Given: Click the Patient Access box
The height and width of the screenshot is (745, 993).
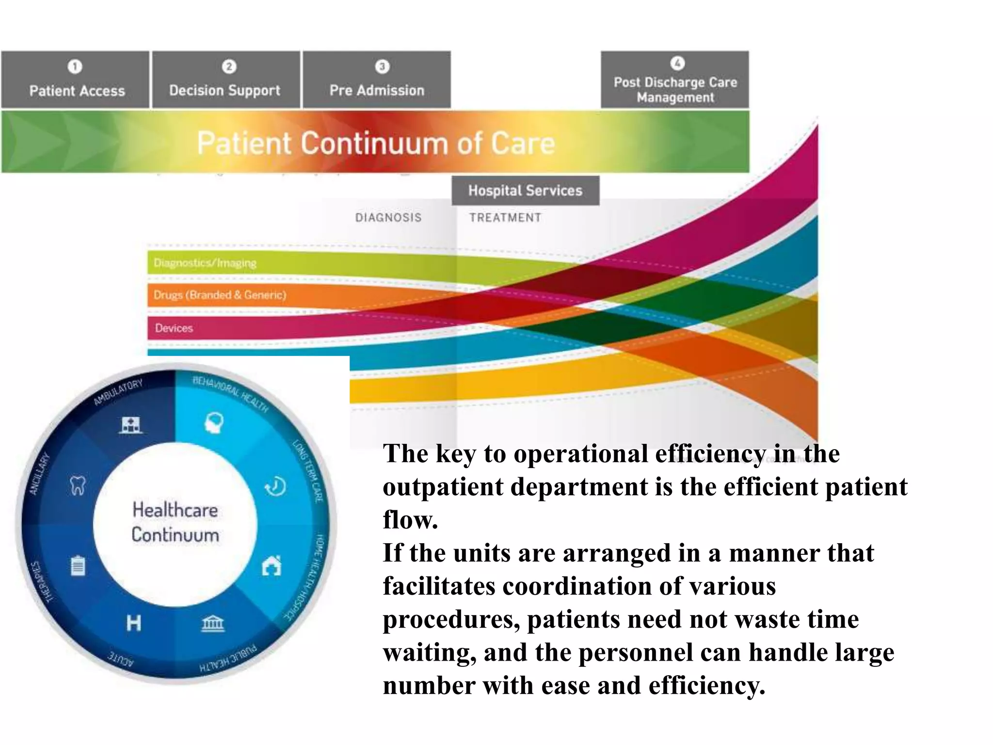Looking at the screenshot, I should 75,80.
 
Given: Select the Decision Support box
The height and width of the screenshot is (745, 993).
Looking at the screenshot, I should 226,80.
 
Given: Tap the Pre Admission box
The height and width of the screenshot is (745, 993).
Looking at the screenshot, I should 377,80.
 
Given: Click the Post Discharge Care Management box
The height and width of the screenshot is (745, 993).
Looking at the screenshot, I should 675,80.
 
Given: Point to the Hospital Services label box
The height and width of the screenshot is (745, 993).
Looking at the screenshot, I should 526,191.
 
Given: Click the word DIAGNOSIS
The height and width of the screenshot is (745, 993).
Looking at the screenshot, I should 388,218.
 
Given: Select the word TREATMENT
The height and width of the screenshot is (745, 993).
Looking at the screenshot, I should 505,218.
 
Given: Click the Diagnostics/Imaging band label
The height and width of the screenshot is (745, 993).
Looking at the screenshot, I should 205,263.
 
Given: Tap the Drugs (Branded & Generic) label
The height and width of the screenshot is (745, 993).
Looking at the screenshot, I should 220,295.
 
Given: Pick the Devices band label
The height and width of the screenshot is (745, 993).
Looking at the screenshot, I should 174,328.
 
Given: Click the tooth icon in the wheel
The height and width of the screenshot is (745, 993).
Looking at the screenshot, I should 78,485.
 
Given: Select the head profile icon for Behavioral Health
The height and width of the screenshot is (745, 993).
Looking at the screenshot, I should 214,422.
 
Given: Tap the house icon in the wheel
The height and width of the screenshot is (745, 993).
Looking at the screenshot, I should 272,566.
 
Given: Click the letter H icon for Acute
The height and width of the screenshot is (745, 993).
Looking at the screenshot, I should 133,623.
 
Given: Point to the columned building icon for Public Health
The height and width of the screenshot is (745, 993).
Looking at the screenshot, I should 213,623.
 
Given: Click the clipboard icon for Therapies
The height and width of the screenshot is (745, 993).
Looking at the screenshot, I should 78,566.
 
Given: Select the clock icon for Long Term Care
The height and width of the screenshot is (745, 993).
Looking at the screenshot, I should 276,486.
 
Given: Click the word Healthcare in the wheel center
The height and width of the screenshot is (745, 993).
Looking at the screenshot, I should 175,510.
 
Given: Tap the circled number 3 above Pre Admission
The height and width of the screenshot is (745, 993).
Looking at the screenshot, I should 382,66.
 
